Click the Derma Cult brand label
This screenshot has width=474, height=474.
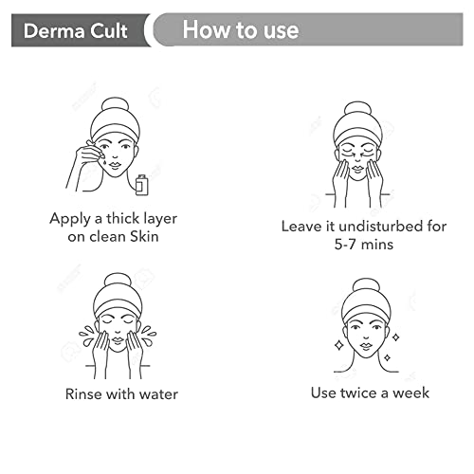(75, 31)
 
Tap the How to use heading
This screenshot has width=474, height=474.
(241, 29)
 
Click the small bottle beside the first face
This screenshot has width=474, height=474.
(141, 185)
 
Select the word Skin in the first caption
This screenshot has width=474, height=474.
(144, 236)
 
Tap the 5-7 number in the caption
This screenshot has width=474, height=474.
(345, 245)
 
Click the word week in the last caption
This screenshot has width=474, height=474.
(410, 392)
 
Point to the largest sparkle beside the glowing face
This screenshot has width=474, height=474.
(339, 345)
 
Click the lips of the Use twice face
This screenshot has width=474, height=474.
(366, 345)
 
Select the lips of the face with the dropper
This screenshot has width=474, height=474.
(115, 165)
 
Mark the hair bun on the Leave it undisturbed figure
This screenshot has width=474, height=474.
(357, 110)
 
